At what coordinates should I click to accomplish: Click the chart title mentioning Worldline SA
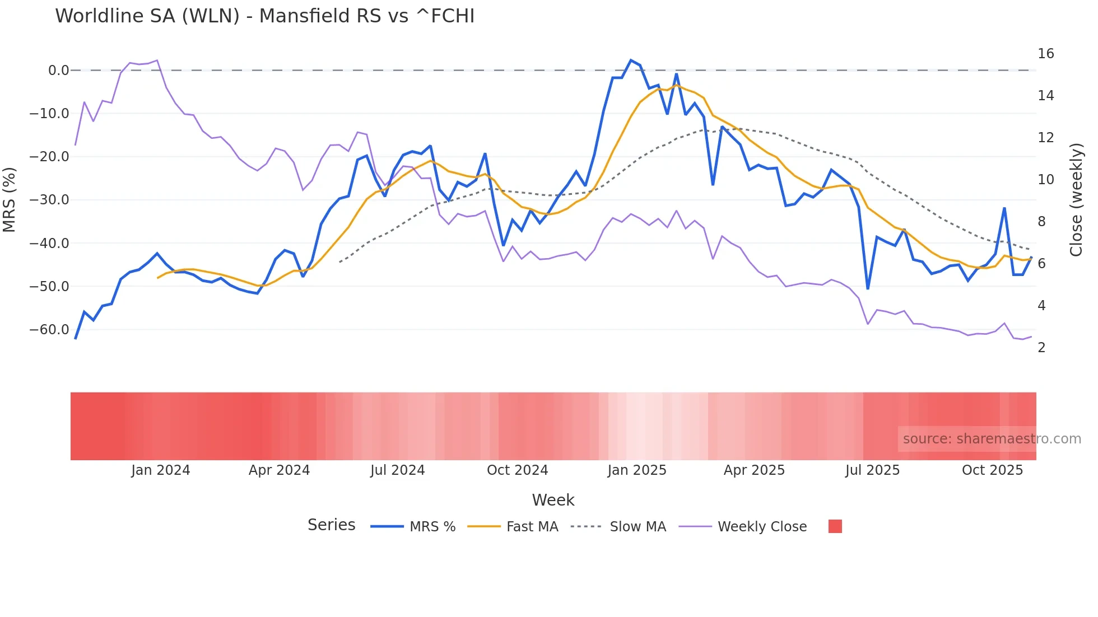coord(264,16)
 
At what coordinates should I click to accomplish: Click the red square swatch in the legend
coord(835,526)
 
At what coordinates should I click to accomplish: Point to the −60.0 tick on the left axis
coord(49,330)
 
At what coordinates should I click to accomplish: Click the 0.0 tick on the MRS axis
coord(58,71)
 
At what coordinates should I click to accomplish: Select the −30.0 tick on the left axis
coord(49,200)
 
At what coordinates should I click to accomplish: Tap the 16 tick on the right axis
coord(1045,54)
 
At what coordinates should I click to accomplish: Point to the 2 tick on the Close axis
coord(1041,348)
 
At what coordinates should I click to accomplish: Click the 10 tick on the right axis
coord(1045,180)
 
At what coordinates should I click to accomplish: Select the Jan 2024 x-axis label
coord(161,470)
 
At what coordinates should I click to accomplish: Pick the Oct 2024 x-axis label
coord(517,470)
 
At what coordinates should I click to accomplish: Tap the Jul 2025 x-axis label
coord(872,470)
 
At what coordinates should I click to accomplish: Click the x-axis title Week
coord(553,500)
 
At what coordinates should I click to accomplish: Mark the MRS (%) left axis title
coord(9,200)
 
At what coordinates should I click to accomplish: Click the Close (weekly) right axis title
coord(1076,200)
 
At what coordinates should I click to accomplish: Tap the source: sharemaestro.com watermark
coord(992,439)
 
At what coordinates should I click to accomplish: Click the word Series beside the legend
coord(331,525)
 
